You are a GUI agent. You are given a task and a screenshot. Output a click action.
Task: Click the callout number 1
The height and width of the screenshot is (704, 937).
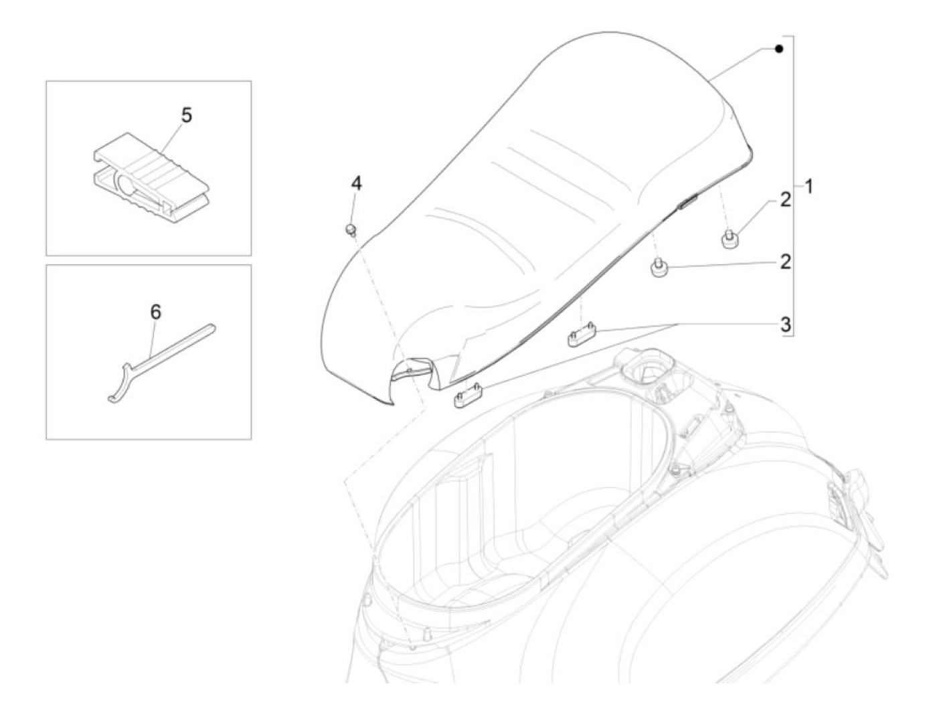(808, 187)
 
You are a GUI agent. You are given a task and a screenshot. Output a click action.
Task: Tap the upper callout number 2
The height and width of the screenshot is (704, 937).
(784, 199)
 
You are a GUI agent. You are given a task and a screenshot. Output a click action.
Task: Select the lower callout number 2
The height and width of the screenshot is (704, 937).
(784, 261)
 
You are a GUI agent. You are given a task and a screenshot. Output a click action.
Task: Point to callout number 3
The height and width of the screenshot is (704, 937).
(784, 325)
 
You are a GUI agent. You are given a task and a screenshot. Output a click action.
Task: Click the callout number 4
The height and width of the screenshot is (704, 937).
(357, 183)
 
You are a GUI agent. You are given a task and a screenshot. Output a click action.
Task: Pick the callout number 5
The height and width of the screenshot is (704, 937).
(186, 115)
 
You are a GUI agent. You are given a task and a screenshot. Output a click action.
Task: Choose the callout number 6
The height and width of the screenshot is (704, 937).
(155, 311)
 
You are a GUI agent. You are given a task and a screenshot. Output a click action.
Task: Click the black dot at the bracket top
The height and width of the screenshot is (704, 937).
(778, 49)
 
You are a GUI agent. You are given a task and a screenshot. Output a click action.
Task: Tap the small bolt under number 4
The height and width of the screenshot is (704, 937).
(350, 230)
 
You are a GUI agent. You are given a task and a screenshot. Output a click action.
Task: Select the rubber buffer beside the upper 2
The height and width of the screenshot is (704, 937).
(728, 239)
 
